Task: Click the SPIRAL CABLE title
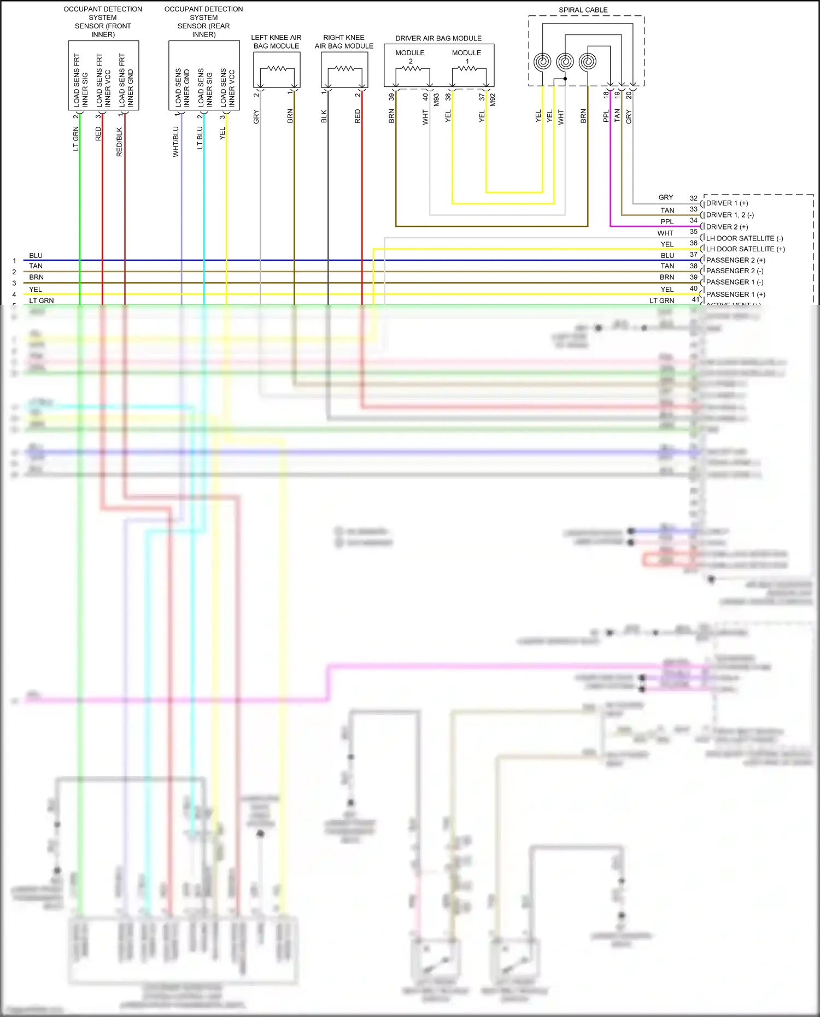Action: (x=583, y=10)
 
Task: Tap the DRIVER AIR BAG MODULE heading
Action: (x=438, y=38)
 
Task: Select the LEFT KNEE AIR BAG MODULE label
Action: (x=276, y=42)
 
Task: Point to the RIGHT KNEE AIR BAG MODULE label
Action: (x=344, y=42)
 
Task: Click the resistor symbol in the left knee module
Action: (x=277, y=68)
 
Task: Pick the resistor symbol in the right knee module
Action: (x=344, y=68)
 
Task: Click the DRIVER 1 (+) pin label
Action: (x=727, y=203)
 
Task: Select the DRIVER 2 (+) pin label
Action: (x=727, y=227)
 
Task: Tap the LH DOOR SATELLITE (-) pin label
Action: (x=745, y=238)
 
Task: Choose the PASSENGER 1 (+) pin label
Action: (x=736, y=294)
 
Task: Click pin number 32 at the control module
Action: (x=693, y=198)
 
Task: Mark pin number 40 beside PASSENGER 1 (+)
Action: (x=693, y=289)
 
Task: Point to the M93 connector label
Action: (x=436, y=99)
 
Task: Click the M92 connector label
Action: (x=493, y=99)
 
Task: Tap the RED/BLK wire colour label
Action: (x=120, y=142)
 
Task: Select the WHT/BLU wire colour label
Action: (x=176, y=142)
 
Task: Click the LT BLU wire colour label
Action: (x=200, y=138)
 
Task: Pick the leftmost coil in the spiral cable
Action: (x=542, y=61)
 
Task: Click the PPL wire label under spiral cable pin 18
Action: (x=606, y=116)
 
